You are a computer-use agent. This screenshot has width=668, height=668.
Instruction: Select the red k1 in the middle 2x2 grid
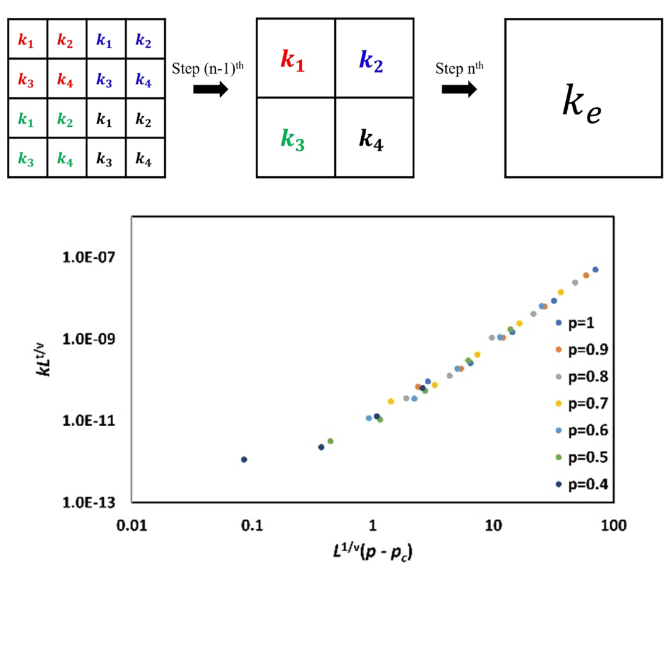pos(293,60)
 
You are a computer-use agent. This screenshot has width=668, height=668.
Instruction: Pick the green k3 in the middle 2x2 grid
pos(293,139)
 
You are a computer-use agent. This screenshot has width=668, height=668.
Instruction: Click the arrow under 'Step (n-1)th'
pos(210,89)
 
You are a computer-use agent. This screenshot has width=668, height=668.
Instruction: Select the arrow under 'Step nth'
pos(458,89)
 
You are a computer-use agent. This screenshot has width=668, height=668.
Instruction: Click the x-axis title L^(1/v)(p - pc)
pos(373,549)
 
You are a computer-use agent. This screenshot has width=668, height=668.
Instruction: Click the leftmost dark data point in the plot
pos(244,460)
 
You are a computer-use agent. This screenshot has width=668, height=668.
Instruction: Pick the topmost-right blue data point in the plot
pos(596,270)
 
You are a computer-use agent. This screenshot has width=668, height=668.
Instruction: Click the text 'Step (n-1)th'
pos(211,67)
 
